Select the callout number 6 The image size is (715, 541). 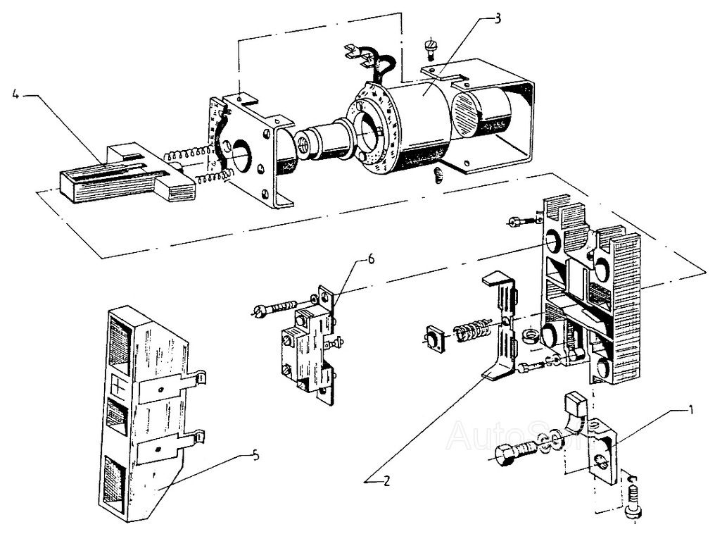[x=370, y=259]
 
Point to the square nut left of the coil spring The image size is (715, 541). [x=434, y=340]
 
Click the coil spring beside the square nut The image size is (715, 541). [x=470, y=330]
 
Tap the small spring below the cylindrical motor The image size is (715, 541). [x=437, y=176]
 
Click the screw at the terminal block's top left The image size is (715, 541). [x=515, y=222]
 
